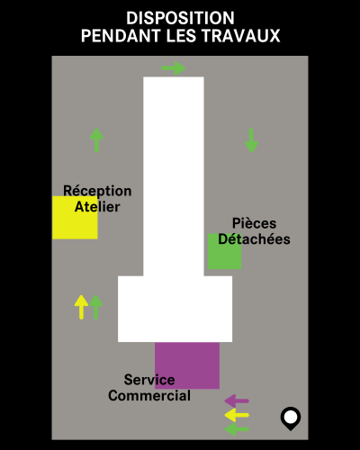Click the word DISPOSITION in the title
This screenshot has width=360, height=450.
point(180,18)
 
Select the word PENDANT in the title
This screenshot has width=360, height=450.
point(121,36)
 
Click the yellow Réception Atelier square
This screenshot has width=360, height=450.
point(75,218)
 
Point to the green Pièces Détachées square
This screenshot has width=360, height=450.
point(225,251)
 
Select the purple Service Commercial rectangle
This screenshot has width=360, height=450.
point(187,365)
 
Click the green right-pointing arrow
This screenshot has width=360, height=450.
point(174,68)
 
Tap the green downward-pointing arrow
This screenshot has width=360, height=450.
point(251,140)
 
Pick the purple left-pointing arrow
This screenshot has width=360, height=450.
point(237,400)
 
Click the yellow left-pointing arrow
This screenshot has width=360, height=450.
point(237,415)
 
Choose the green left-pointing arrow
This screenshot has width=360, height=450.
point(237,429)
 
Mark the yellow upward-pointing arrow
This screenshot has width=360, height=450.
point(81,307)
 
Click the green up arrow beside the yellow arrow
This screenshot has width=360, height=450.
point(96,307)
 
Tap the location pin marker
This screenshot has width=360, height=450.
point(291,418)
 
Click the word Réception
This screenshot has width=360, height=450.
point(97,191)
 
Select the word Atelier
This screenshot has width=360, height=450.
point(97,207)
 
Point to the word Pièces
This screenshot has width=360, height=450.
point(254,223)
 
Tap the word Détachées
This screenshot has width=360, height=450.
point(254,239)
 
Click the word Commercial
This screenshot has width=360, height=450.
point(149,395)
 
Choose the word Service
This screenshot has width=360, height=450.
point(149,380)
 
